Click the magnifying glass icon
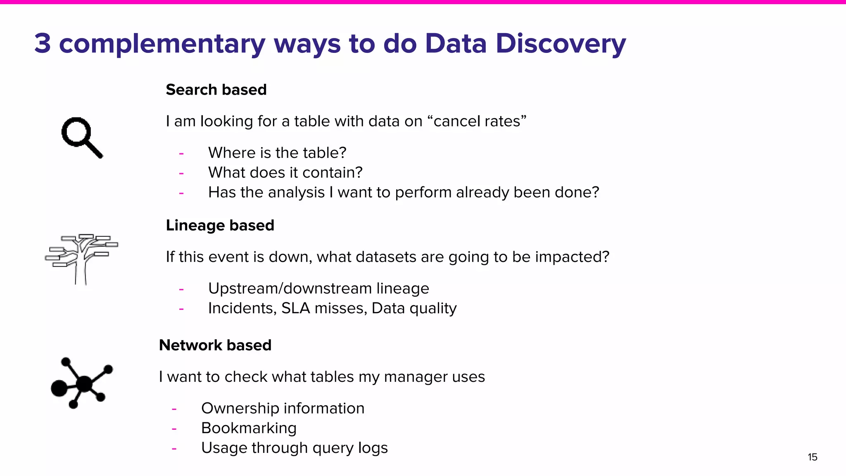81,137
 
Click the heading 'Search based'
216,90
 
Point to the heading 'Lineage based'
220,226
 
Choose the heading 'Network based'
215,345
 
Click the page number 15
812,457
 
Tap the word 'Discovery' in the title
561,43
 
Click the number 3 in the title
43,43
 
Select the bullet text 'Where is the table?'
277,153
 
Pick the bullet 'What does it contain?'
285,173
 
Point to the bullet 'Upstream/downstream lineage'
318,288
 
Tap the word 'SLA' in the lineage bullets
295,308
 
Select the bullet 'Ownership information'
283,408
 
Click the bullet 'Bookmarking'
249,428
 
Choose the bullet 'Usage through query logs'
294,448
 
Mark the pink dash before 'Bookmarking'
174,429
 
